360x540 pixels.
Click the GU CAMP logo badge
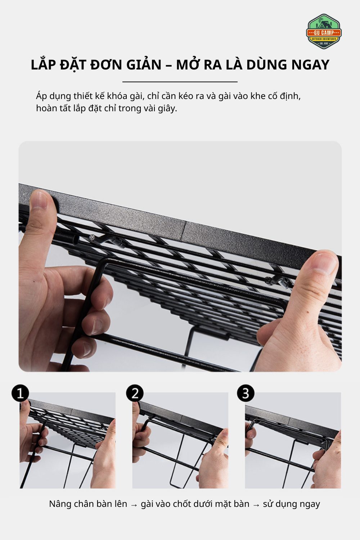coord(324,32)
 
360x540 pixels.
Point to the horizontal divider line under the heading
coord(180,82)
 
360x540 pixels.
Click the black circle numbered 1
coord(20,393)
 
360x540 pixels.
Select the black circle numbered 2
coord(135,393)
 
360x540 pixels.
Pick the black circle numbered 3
coord(246,393)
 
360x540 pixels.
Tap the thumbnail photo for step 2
coord(180,441)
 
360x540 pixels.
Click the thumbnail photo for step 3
coord(293,441)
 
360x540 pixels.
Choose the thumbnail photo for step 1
coord(68,441)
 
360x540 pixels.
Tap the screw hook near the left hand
coord(107,240)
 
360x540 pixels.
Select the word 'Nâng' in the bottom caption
coord(60,504)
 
